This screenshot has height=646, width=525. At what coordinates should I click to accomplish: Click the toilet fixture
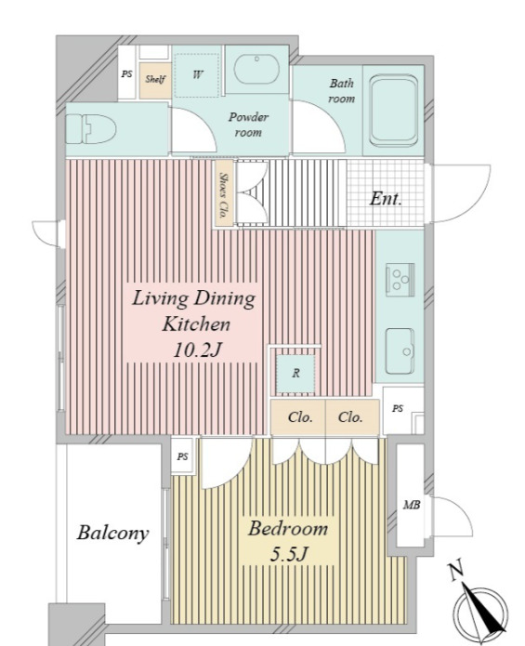pyautogui.click(x=91, y=129)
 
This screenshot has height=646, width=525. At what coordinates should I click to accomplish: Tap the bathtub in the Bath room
pyautogui.click(x=394, y=111)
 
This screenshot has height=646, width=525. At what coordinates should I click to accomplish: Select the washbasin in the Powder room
pyautogui.click(x=256, y=69)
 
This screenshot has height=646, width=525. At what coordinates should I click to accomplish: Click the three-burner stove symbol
pyautogui.click(x=400, y=280)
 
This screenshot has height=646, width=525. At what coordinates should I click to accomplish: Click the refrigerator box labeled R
pyautogui.click(x=295, y=374)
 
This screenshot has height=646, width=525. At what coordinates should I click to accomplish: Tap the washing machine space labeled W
pyautogui.click(x=197, y=75)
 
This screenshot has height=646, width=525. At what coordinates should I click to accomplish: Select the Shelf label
pyautogui.click(x=155, y=79)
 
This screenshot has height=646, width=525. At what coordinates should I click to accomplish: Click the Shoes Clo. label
pyautogui.click(x=224, y=195)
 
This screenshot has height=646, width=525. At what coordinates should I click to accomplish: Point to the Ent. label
pyautogui.click(x=386, y=199)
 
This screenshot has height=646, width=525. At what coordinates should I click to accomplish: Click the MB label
pyautogui.click(x=412, y=505)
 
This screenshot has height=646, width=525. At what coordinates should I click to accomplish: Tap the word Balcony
pyautogui.click(x=112, y=533)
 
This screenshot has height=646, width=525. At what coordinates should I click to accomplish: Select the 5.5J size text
pyautogui.click(x=289, y=555)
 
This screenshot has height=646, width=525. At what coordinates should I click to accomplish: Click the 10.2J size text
pyautogui.click(x=197, y=350)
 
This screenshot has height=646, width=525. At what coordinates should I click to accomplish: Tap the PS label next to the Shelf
pyautogui.click(x=126, y=74)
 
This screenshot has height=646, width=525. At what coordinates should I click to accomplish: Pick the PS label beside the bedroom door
pyautogui.click(x=183, y=456)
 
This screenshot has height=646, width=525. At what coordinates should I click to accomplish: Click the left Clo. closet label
pyautogui.click(x=300, y=417)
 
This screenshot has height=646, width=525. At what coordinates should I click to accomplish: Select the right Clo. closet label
pyautogui.click(x=350, y=417)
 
